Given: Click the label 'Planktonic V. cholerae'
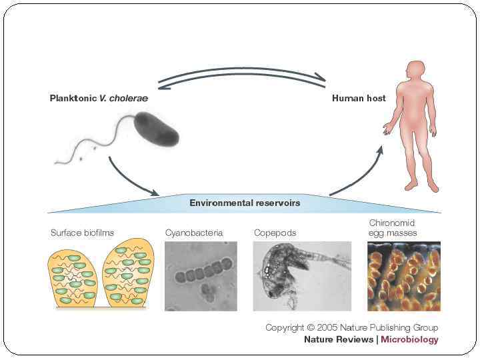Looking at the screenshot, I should [99, 98].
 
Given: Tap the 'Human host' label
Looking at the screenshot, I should [359, 98].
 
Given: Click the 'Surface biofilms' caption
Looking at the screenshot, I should [82, 233].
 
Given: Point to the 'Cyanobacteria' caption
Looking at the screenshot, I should [193, 233].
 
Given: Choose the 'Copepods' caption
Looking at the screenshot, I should [275, 233].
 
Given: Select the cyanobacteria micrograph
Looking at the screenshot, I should [201, 275].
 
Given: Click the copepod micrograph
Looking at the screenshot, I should [302, 275].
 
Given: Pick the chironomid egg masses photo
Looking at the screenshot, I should [404, 275].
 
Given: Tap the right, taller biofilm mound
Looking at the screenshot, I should [129, 273].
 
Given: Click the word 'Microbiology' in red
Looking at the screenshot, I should [409, 339].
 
